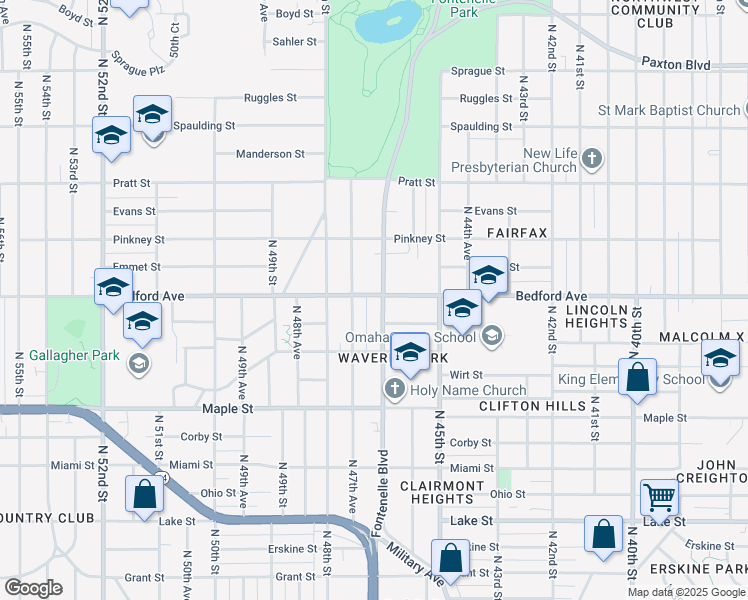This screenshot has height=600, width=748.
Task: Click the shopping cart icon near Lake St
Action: click(660, 496)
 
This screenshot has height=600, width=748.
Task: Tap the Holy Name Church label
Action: click(467, 390)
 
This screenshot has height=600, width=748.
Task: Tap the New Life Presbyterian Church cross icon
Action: click(593, 157)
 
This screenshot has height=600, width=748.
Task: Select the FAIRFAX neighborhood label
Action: click(517, 232)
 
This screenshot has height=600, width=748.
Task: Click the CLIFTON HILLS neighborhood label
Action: click(531, 406)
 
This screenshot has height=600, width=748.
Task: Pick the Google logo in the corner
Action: click(33, 588)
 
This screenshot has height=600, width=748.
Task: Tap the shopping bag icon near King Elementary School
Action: click(637, 378)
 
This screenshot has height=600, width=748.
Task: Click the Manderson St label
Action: click(270, 154)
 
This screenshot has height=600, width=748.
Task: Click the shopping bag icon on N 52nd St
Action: click(144, 494)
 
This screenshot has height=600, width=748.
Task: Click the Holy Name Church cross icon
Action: click(395, 388)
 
